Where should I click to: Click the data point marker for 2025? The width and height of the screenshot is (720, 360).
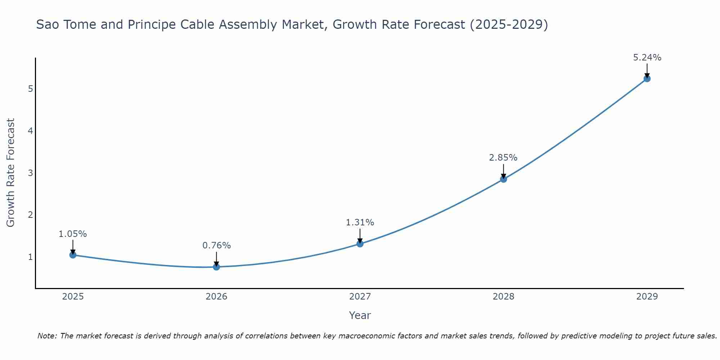[73, 255]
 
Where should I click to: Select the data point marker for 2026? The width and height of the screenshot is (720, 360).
[216, 267]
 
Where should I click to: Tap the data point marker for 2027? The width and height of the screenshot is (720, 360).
[360, 244]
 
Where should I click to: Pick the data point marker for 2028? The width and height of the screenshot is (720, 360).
[503, 179]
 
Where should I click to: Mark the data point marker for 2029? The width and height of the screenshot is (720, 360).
[647, 78]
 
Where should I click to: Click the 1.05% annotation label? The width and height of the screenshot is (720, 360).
[73, 234]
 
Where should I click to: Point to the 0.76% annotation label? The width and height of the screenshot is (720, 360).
[216, 246]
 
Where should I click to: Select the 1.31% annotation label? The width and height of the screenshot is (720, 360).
[360, 222]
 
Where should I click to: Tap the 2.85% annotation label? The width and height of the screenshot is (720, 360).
[503, 158]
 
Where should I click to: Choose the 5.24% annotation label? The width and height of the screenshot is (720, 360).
[647, 58]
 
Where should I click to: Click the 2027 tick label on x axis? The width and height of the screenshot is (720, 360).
[360, 297]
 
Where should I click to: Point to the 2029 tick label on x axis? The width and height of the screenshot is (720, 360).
[647, 297]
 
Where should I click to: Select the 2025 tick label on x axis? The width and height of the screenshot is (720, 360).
[73, 297]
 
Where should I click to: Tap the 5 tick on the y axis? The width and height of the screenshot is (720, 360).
[30, 89]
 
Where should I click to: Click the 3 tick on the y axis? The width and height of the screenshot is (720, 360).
[30, 173]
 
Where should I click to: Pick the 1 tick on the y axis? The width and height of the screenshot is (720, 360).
[30, 257]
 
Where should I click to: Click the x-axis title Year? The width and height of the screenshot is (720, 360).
[360, 315]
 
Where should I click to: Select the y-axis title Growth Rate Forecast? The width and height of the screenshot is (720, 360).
[11, 173]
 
